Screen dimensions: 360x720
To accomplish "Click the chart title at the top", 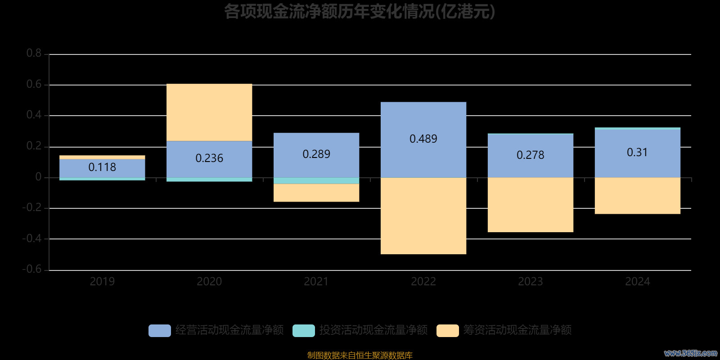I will click(x=360, y=12).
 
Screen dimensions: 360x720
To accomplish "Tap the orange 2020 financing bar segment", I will click(x=209, y=112).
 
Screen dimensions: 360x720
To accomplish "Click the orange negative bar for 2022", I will click(x=423, y=216).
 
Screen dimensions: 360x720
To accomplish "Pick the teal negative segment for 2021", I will click(x=316, y=180).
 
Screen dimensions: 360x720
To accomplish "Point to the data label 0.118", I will click(x=102, y=167).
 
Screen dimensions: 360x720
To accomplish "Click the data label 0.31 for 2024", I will click(x=637, y=153).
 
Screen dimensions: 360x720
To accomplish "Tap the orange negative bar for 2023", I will click(x=530, y=205).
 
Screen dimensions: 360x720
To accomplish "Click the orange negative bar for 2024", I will click(x=637, y=196).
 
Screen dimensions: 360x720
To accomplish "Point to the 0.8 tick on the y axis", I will click(x=34, y=54).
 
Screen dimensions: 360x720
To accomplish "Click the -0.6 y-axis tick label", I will click(x=32, y=269).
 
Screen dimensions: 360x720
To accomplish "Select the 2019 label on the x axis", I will click(x=102, y=282).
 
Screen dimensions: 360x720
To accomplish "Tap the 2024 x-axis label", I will click(x=637, y=282).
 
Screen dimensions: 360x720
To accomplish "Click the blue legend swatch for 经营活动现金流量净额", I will click(x=160, y=330).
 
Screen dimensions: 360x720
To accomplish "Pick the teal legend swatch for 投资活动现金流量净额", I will click(x=304, y=330).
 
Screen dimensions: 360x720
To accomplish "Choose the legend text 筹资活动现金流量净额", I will click(x=517, y=330).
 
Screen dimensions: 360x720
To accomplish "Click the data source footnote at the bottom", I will click(x=360, y=355).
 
